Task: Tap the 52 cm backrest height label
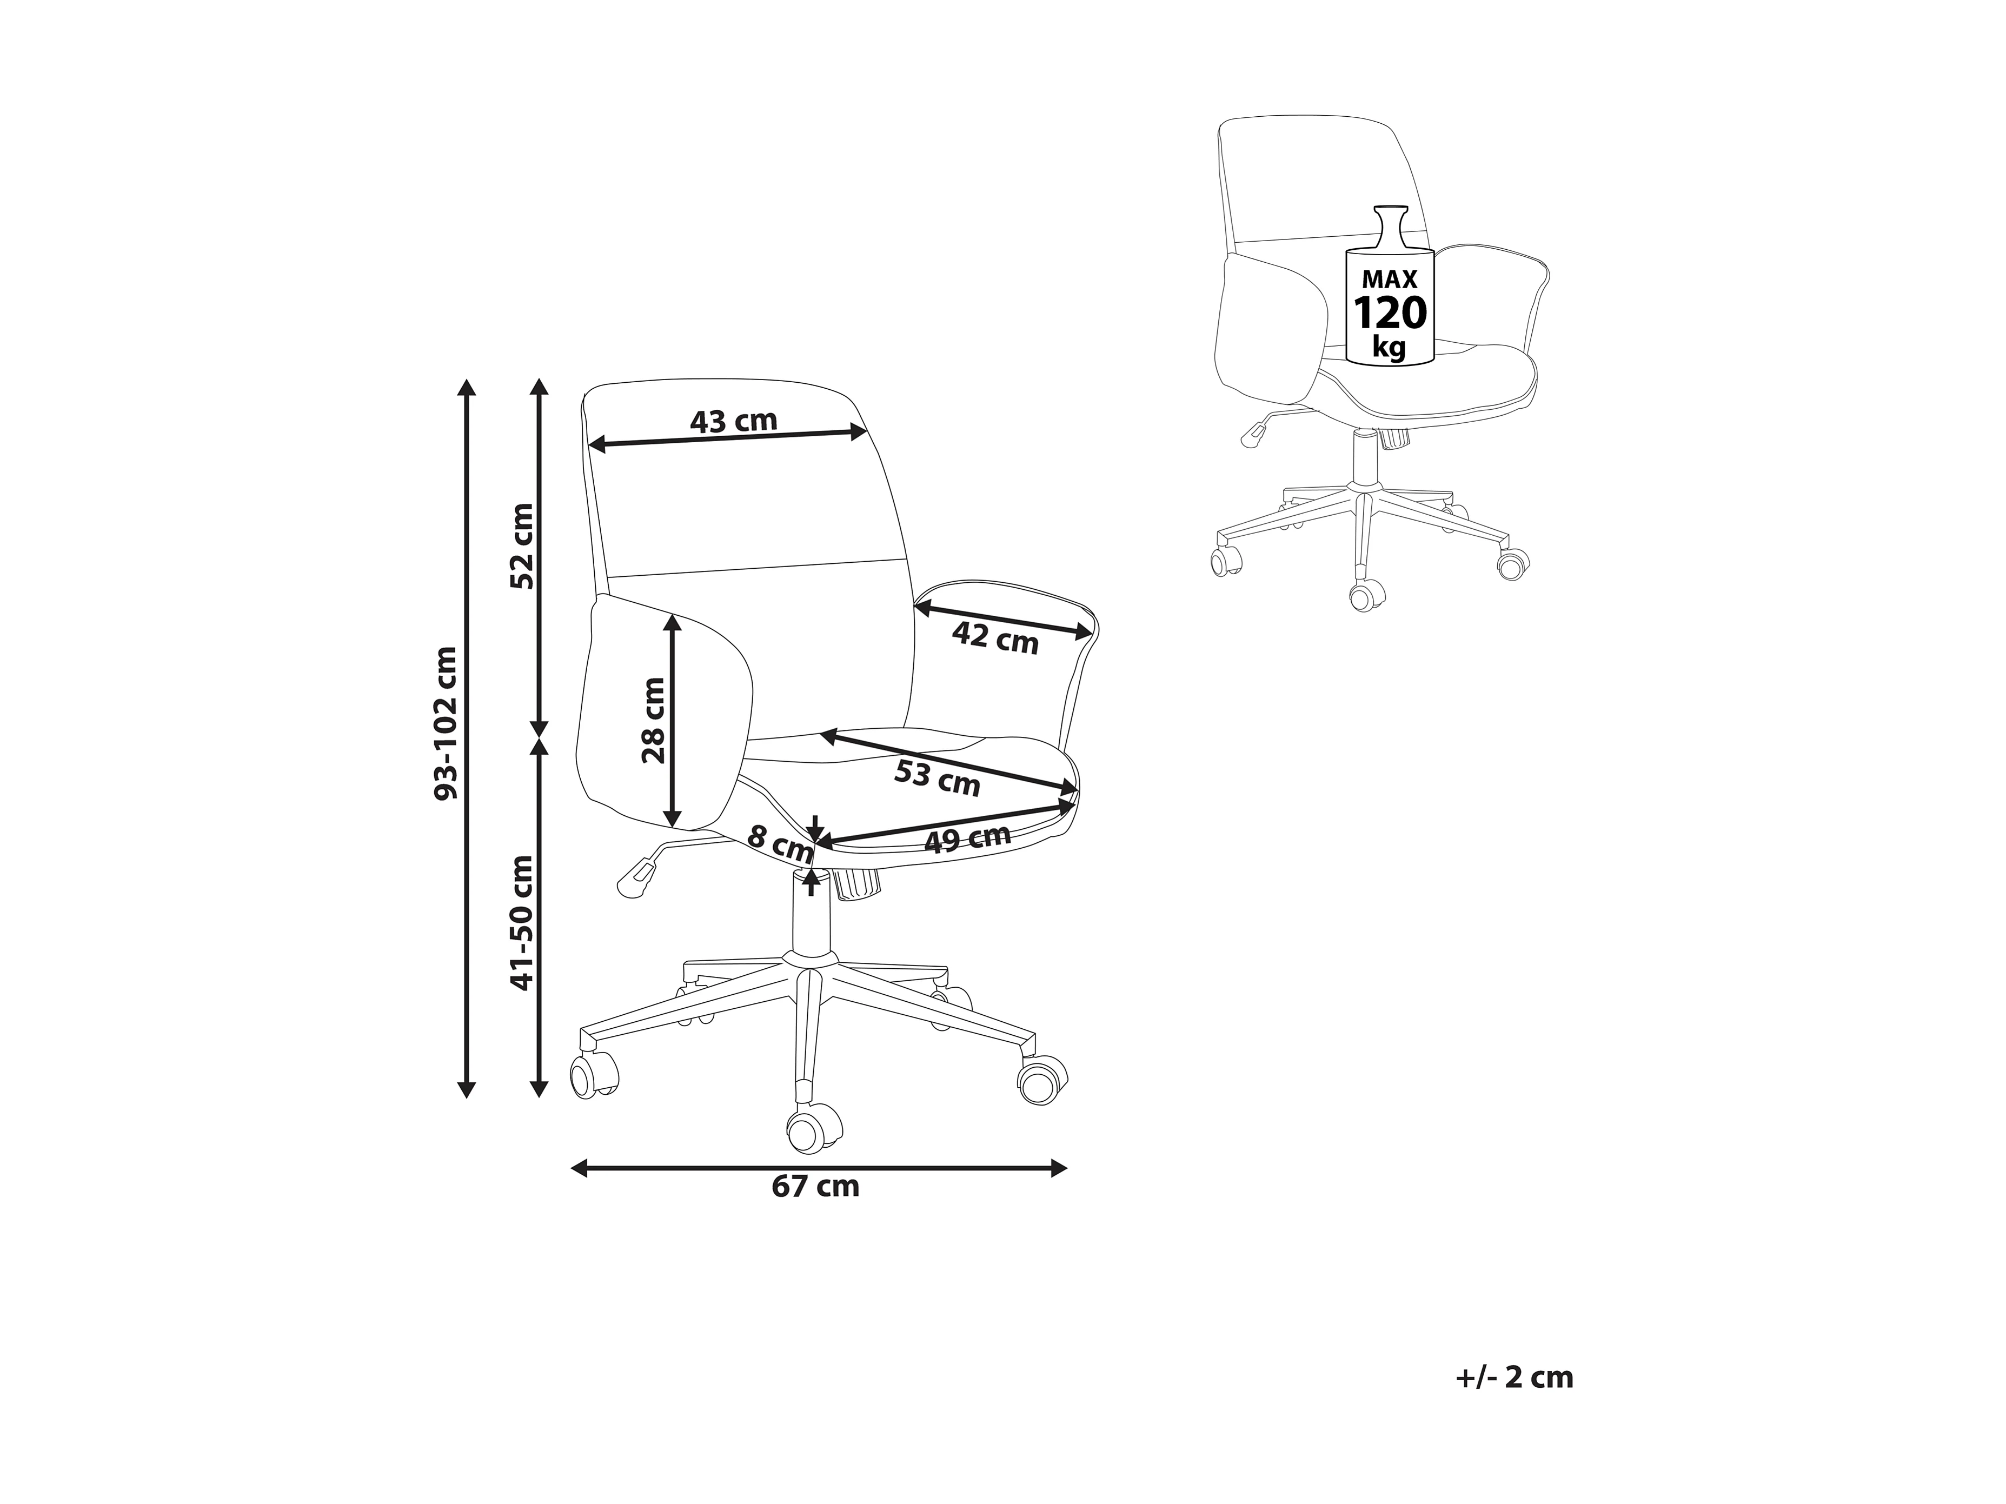coord(522,547)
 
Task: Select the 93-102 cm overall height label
coord(446,723)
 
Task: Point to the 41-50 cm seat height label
coord(522,923)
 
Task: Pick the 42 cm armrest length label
coord(995,638)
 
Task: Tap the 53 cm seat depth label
coord(937,778)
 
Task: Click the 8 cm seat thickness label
coord(779,844)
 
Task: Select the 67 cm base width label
coord(815,1187)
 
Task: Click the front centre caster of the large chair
coord(813,1129)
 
